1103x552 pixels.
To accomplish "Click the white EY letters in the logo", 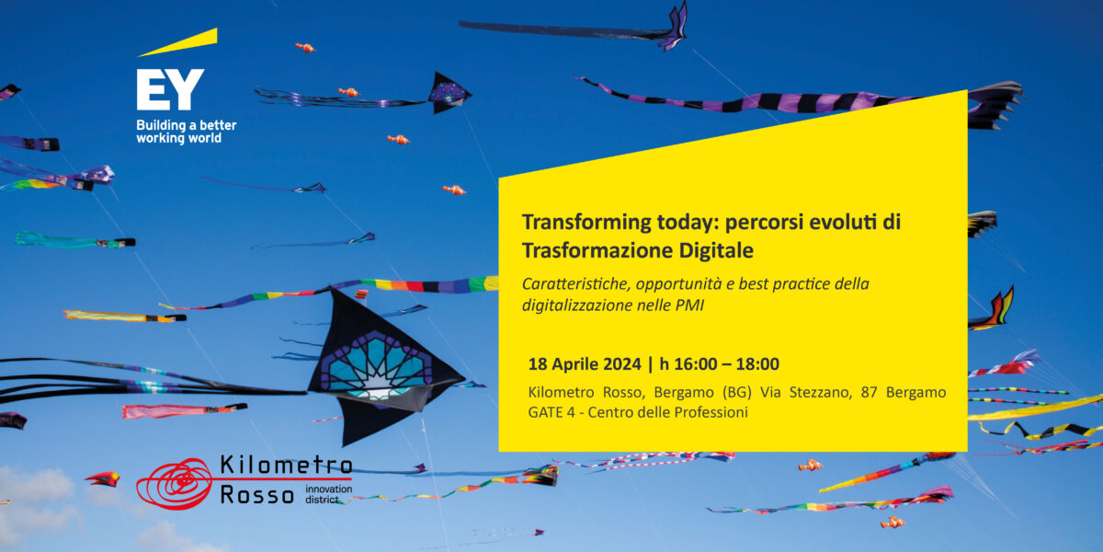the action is pos(170,89).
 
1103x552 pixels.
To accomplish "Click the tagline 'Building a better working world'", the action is pos(186,132).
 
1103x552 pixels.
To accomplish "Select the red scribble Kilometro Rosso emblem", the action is pos(174,484).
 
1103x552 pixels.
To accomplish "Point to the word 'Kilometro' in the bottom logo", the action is pos(286,465).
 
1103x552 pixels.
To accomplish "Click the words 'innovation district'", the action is pos(328,494).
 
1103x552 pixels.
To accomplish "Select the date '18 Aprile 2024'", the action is pos(585,364).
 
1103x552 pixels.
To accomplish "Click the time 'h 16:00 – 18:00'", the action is pos(720,364).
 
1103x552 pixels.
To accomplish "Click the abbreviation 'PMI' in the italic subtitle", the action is pos(689,305).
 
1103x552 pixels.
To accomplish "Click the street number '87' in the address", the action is pos(870,393).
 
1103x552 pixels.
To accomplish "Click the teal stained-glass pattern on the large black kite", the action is pos(376,365).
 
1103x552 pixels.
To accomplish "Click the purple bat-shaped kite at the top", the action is pos(674,29).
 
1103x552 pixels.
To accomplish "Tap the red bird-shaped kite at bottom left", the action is pos(103,478).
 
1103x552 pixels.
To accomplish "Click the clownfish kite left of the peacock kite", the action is pos(348,92).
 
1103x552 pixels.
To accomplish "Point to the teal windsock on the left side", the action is pos(74,240).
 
